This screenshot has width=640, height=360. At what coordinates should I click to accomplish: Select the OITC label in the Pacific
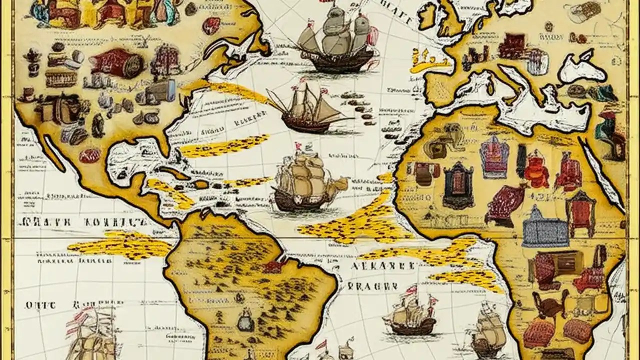36,304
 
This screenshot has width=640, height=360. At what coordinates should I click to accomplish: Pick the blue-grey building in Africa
545,228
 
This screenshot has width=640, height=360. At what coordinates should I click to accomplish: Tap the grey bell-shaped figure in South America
245,320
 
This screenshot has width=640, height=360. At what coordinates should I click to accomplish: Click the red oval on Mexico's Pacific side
90,155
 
